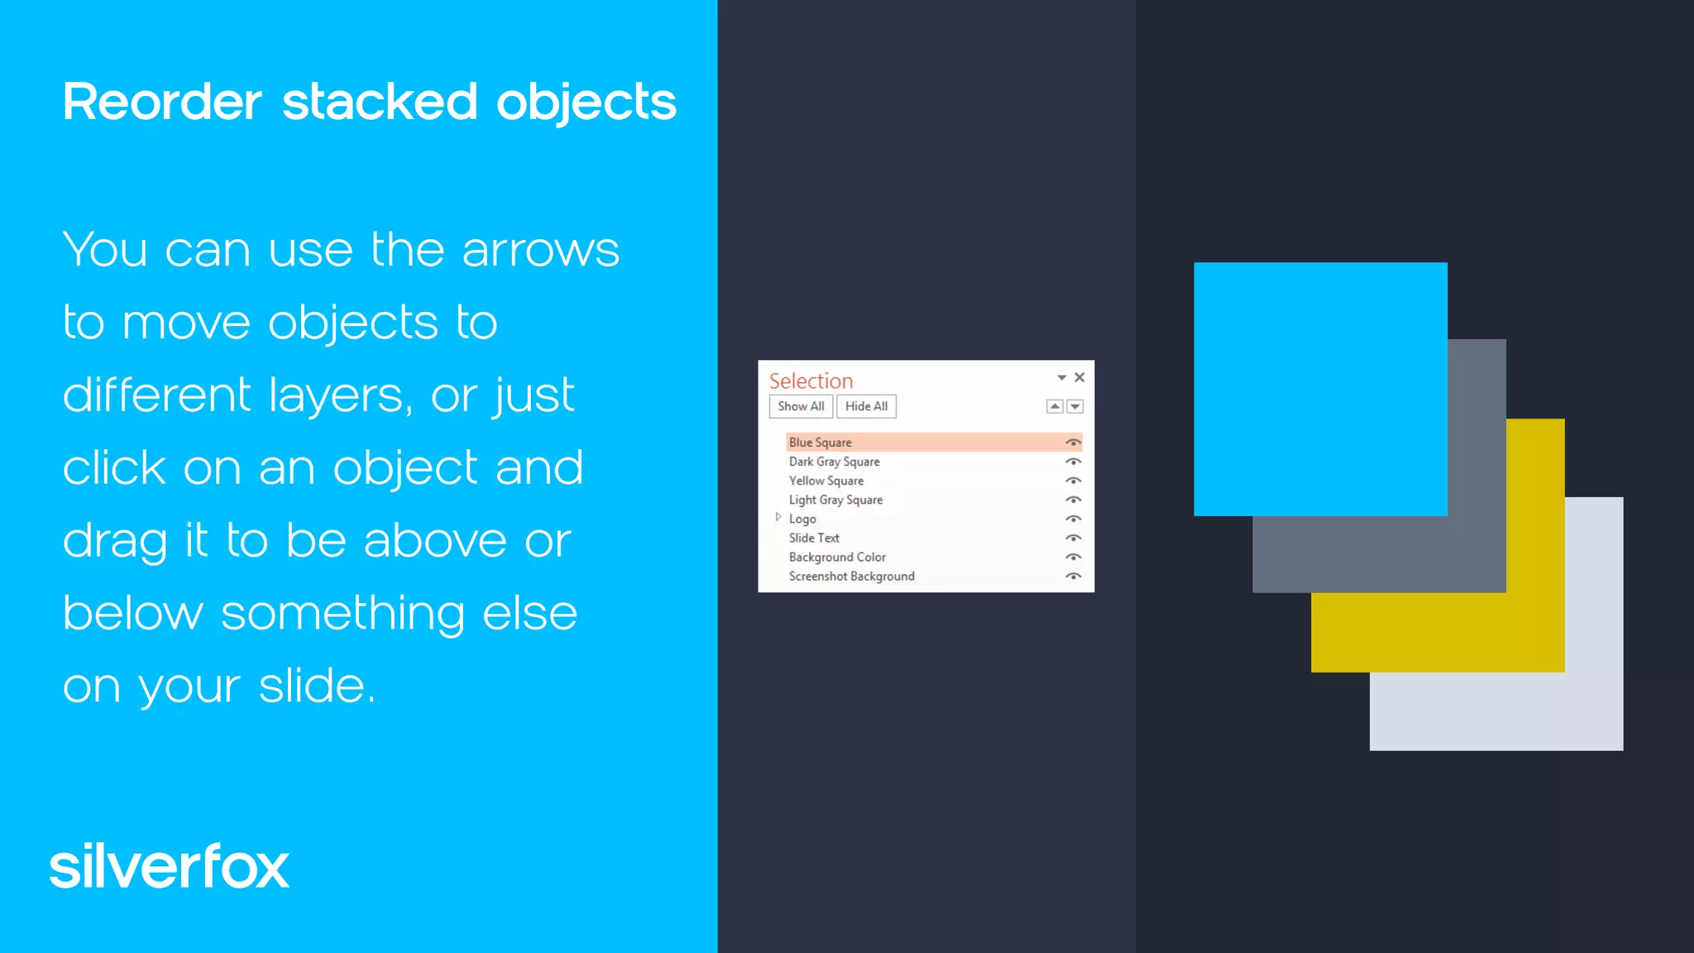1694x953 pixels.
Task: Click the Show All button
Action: click(x=801, y=406)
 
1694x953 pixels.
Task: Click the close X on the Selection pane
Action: click(x=1079, y=377)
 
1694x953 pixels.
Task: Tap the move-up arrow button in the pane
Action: click(x=1055, y=406)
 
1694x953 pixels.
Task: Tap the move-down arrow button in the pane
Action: click(x=1075, y=406)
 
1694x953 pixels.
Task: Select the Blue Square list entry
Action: click(x=821, y=443)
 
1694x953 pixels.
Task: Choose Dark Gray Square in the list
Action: click(x=834, y=462)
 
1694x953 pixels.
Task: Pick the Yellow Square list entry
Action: click(x=826, y=481)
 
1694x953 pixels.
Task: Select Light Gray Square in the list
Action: click(x=835, y=500)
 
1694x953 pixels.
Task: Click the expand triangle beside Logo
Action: click(x=778, y=518)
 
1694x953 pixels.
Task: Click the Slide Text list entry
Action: click(x=814, y=538)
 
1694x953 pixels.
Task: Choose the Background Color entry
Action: click(x=837, y=557)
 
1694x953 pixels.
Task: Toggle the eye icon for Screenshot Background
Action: click(x=1074, y=576)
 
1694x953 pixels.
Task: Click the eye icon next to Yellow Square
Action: click(x=1074, y=481)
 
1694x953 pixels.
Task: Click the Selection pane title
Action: click(x=811, y=381)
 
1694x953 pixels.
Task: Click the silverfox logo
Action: click(x=170, y=867)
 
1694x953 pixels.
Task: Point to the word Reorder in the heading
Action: click(x=162, y=103)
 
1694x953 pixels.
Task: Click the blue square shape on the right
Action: click(x=1320, y=389)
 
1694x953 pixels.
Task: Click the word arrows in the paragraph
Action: click(x=540, y=250)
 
